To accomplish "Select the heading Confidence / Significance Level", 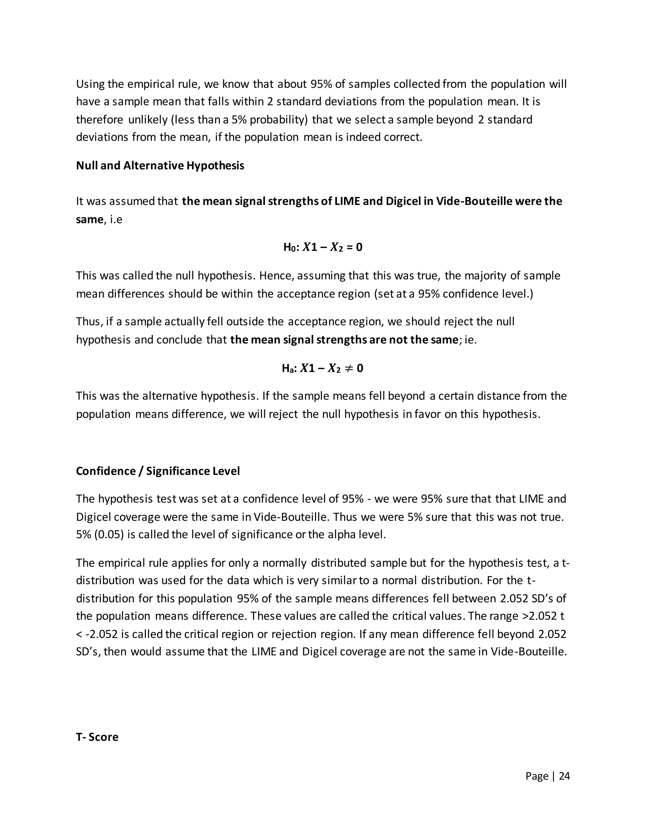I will [158, 471].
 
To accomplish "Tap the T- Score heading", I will [97, 737].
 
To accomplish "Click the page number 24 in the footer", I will [564, 776].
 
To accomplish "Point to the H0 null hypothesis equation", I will [322, 247].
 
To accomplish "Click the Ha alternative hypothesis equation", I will [322, 369].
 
